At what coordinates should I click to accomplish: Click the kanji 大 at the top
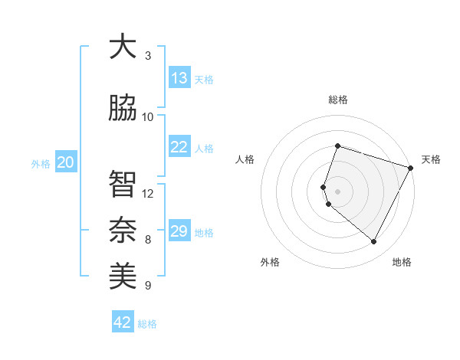(122, 47)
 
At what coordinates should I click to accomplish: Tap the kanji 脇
(122, 108)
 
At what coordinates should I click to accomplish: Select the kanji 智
(122, 184)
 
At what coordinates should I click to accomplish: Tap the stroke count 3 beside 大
(148, 56)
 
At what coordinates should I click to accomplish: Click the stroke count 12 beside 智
(148, 193)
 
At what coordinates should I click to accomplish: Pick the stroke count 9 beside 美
(148, 286)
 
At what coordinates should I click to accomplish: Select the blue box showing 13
(179, 78)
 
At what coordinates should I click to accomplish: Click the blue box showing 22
(179, 147)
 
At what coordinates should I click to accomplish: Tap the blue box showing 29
(179, 231)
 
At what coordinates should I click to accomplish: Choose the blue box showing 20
(66, 162)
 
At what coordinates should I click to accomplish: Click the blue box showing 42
(123, 322)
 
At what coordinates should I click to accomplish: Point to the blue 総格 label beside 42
(148, 324)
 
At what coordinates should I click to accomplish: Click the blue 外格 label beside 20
(41, 164)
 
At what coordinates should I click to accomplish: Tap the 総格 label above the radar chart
(338, 100)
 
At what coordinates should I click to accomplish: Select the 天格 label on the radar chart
(432, 159)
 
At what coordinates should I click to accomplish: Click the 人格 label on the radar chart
(245, 159)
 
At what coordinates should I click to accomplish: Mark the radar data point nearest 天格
(411, 168)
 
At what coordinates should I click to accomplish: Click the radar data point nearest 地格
(374, 242)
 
